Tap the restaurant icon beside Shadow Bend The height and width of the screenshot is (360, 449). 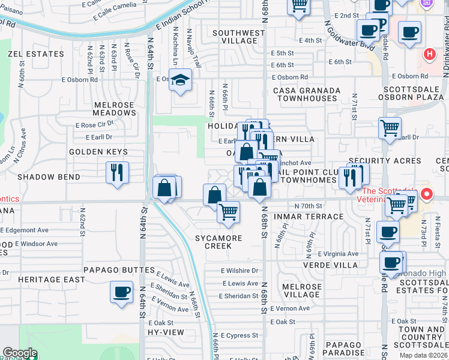click(118, 172)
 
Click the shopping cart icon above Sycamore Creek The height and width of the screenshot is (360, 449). click(228, 212)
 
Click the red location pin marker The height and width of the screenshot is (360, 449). click(427, 194)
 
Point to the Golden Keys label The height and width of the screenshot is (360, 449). click(98, 152)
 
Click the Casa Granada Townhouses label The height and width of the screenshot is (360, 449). click(298, 94)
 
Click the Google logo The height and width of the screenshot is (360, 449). click(20, 353)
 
